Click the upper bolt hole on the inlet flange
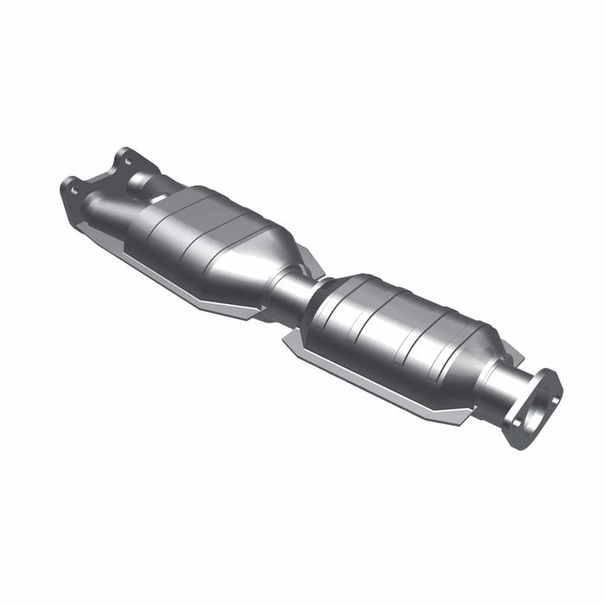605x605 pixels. (x=126, y=159)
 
